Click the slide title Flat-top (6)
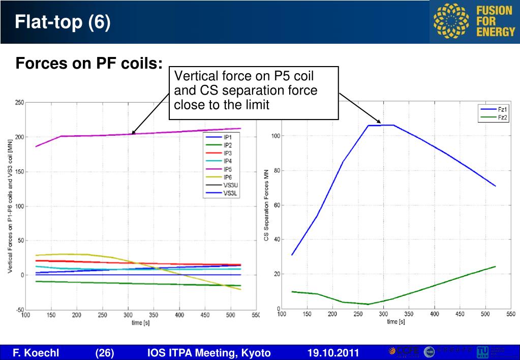tap(62, 22)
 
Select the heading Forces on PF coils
tap(89, 64)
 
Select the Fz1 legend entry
tap(502, 109)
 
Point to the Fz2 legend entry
tap(502, 117)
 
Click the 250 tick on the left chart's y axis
tap(19, 103)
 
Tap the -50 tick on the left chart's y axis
tap(19, 310)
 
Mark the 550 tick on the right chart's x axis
tap(511, 314)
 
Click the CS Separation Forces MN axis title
tap(266, 205)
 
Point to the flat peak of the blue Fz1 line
tap(381, 125)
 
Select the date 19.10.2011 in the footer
tap(333, 353)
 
